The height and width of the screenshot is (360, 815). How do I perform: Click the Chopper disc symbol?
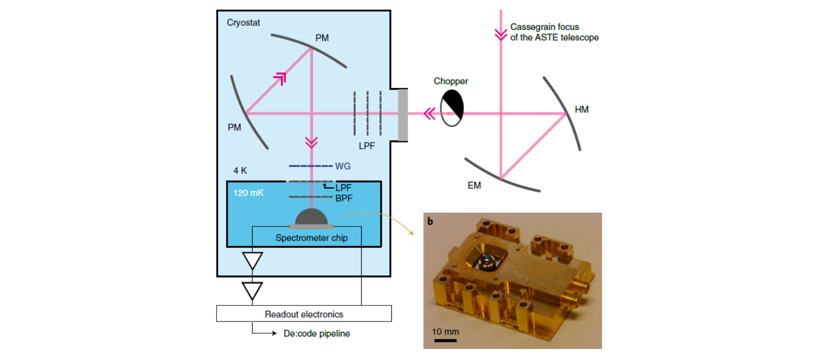(x=452, y=108)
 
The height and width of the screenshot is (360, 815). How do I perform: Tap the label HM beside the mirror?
(x=581, y=110)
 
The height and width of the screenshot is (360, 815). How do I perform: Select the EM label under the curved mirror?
(x=474, y=186)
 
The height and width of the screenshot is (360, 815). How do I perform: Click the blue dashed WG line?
(x=310, y=166)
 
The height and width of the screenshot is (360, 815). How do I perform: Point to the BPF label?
(x=344, y=198)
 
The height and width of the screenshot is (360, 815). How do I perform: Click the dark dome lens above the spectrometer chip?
(x=311, y=217)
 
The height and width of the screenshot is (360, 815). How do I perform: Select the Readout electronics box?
(x=304, y=314)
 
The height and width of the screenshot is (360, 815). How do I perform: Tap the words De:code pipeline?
(x=317, y=334)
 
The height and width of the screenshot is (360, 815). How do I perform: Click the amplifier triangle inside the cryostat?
(x=253, y=260)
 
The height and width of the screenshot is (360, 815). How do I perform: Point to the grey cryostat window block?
(x=403, y=115)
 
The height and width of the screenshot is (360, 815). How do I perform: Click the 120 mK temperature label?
(x=248, y=193)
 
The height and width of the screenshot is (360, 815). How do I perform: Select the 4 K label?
(x=240, y=171)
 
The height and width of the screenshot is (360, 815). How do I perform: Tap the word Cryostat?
(x=243, y=23)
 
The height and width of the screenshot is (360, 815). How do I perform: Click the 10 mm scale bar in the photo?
(x=445, y=341)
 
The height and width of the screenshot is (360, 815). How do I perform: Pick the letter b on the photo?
(x=430, y=221)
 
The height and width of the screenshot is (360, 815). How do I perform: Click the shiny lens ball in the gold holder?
(x=486, y=261)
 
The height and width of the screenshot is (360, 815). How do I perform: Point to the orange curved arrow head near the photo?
(x=411, y=233)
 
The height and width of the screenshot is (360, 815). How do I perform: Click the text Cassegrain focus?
(x=544, y=27)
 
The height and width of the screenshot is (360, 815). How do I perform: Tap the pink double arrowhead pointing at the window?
(x=430, y=114)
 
